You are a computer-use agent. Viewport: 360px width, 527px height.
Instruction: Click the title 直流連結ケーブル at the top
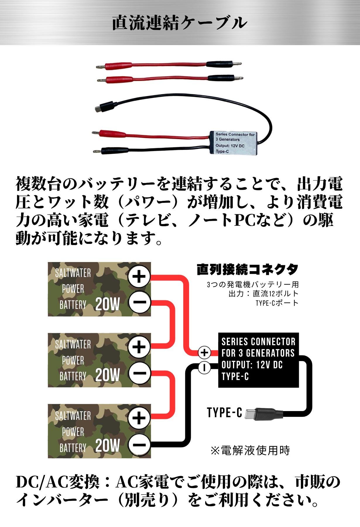(180, 23)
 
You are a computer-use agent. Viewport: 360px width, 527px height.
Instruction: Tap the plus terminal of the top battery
(139, 276)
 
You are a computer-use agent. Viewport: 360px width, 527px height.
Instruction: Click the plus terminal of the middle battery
(139, 347)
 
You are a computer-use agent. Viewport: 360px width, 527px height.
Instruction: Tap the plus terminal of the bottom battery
(139, 418)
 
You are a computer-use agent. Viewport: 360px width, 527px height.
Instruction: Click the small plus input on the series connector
(204, 352)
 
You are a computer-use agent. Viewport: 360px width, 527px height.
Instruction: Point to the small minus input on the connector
(204, 367)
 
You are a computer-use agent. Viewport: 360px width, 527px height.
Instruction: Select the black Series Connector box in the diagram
(258, 360)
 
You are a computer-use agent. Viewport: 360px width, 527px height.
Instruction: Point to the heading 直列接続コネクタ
(248, 269)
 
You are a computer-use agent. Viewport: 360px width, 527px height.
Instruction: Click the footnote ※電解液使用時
(250, 450)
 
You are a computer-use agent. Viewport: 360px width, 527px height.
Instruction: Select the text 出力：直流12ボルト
(263, 294)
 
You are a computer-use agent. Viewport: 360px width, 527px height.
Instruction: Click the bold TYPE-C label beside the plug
(224, 413)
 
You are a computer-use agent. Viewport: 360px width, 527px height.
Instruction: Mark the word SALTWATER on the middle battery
(73, 344)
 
